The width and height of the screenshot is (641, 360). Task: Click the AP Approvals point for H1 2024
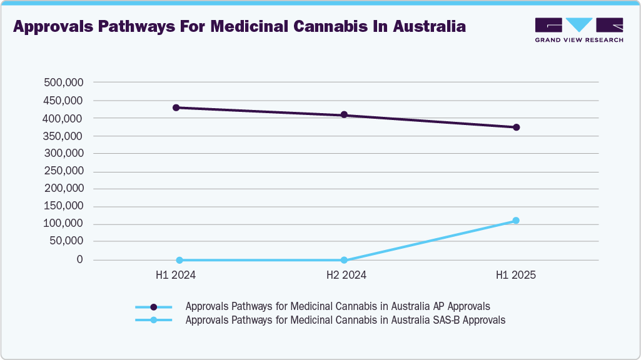[x=176, y=107]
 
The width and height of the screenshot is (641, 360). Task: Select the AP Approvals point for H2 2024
[x=344, y=115]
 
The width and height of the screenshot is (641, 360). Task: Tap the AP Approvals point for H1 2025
[x=517, y=127]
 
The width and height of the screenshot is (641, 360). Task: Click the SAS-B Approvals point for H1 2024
[x=179, y=260]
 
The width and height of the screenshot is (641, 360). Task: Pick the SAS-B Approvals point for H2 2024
[x=344, y=260]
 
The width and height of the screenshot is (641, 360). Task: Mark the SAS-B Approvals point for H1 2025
[x=516, y=221]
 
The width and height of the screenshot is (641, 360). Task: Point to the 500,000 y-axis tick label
[x=63, y=82]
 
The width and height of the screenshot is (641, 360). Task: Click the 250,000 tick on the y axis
[x=63, y=171]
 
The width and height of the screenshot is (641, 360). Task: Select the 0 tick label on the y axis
[x=80, y=259]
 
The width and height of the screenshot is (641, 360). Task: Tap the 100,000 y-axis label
[x=63, y=224]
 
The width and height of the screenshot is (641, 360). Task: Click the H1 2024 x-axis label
[x=176, y=275]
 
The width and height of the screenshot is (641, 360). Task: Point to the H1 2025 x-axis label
[x=516, y=275]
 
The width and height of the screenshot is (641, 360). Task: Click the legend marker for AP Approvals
[x=154, y=307]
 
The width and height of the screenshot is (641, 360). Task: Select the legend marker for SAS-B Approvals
[x=154, y=320]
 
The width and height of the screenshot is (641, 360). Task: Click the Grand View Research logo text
[x=579, y=40]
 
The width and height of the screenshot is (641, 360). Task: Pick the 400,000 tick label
[x=63, y=118]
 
